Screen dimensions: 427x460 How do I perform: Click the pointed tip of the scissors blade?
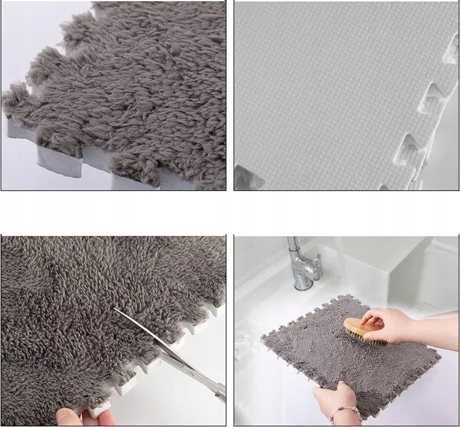pos(114,309)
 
